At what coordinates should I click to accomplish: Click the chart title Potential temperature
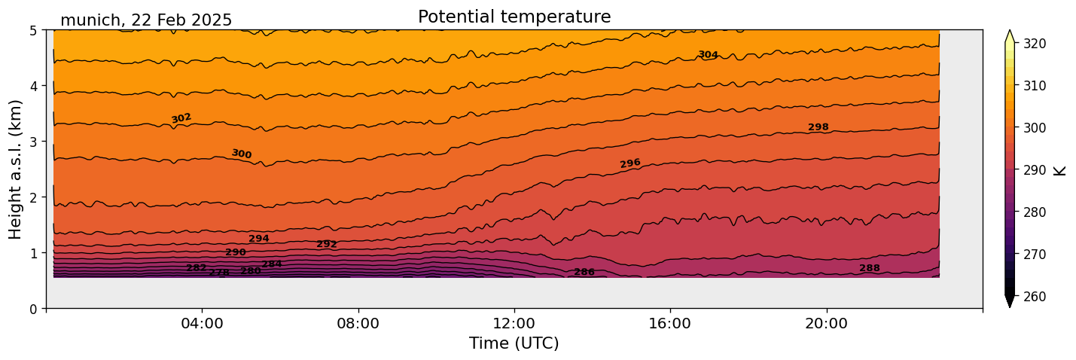click(x=514, y=17)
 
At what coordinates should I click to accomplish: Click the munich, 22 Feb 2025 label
click(x=146, y=20)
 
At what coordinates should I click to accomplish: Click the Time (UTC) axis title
click(x=514, y=343)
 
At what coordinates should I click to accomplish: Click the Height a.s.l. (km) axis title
click(x=16, y=169)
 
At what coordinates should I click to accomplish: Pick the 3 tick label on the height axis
click(x=34, y=142)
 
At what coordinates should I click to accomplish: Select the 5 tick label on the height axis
click(x=34, y=30)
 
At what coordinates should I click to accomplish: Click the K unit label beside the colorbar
click(x=1060, y=170)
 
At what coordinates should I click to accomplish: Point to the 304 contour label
click(x=708, y=55)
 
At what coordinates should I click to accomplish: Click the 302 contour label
click(x=181, y=118)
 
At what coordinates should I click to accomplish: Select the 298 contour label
click(x=818, y=127)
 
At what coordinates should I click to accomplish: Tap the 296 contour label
click(x=630, y=163)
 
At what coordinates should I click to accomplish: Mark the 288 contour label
click(x=869, y=268)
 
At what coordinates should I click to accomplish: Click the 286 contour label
click(x=584, y=272)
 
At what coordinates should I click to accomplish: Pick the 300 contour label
click(x=242, y=154)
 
